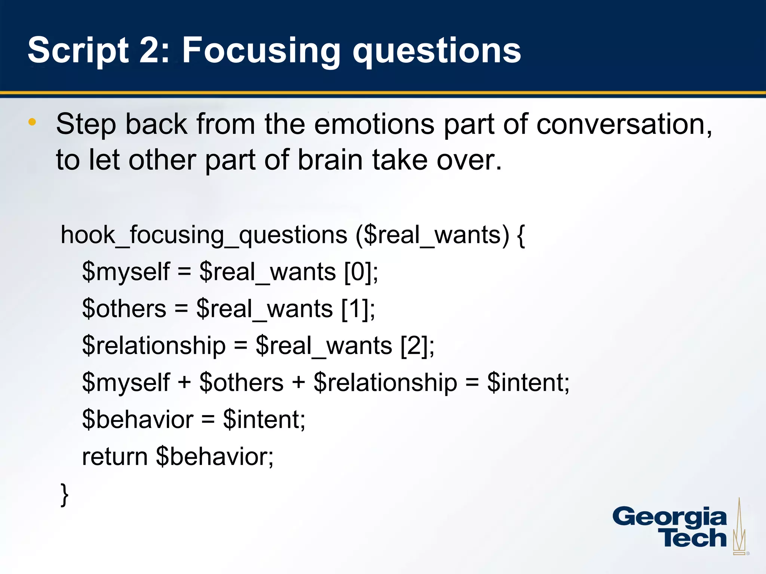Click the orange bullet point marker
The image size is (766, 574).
32,122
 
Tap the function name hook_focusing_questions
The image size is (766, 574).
204,235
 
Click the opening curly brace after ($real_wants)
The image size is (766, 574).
521,235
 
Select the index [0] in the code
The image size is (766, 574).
358,272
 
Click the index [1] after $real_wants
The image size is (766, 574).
355,309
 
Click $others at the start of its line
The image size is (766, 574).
124,309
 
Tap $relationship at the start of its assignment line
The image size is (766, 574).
154,346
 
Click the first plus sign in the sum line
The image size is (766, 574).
184,383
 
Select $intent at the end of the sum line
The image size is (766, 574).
527,383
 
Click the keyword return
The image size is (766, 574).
115,457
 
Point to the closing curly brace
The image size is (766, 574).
65,494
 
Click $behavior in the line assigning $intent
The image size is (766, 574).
138,420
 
